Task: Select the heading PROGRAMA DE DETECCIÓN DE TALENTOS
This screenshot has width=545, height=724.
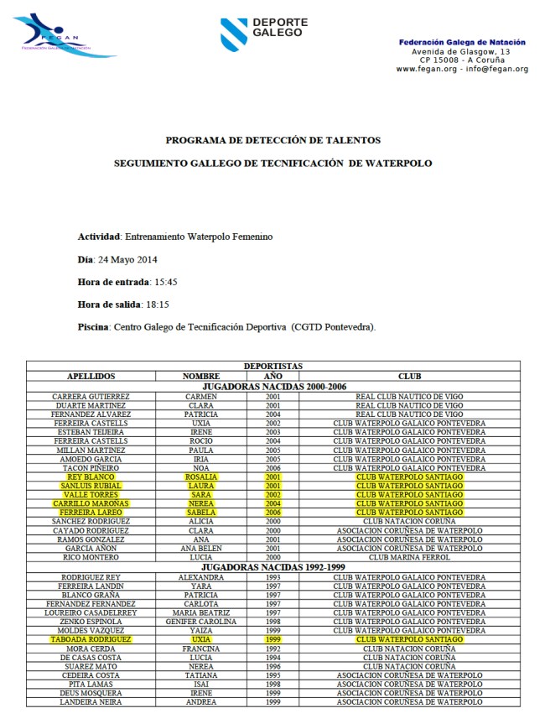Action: click(272, 140)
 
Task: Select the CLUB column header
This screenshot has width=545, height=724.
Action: click(409, 377)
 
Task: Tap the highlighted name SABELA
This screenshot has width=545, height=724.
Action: click(201, 513)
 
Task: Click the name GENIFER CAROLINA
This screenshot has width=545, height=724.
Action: click(201, 622)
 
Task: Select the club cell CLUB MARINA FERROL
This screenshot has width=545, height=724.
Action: click(409, 557)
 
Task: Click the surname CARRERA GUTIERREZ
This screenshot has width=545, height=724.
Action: click(91, 395)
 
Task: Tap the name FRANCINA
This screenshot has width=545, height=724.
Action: click(201, 648)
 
